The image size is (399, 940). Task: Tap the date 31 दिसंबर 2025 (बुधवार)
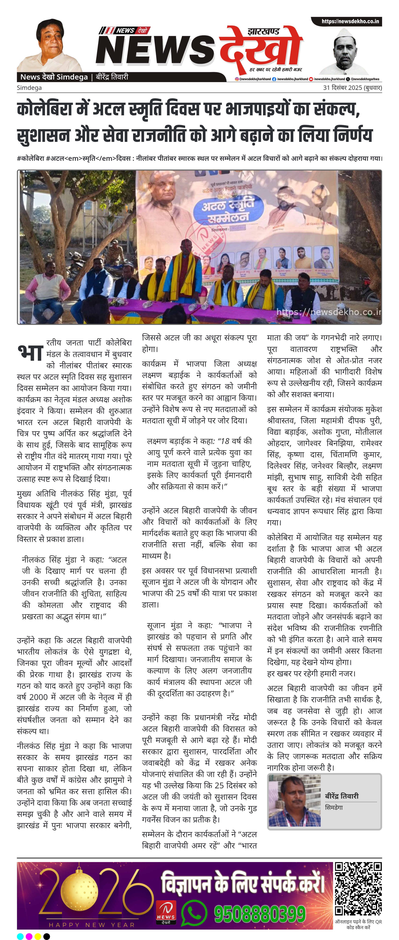pyautogui.click(x=352, y=88)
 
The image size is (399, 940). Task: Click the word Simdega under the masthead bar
pyautogui.click(x=29, y=88)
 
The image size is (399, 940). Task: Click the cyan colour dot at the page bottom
pyautogui.click(x=20, y=936)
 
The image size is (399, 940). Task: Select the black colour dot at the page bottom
pyautogui.click(x=47, y=936)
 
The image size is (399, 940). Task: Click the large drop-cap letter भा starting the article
pyautogui.click(x=31, y=352)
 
